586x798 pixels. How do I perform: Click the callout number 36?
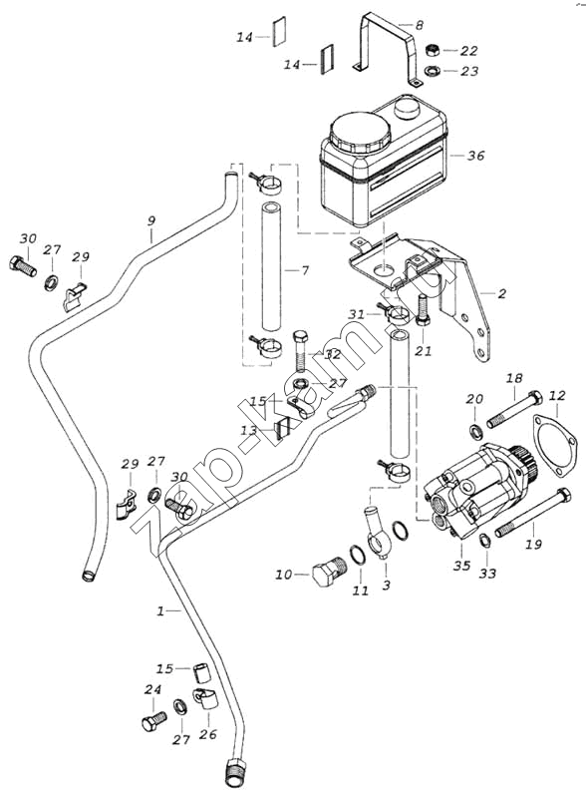pyautogui.click(x=476, y=156)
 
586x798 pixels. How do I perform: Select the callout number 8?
pyautogui.click(x=419, y=25)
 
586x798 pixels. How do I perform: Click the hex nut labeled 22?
pyautogui.click(x=433, y=50)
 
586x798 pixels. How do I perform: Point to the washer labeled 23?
pyautogui.click(x=433, y=71)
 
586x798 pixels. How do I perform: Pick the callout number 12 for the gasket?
pyautogui.click(x=557, y=395)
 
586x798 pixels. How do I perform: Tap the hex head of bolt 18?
pyautogui.click(x=535, y=398)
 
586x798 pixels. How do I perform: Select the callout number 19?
pyautogui.click(x=533, y=544)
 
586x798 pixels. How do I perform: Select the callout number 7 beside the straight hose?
pyautogui.click(x=305, y=270)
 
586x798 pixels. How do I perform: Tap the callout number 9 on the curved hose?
pyautogui.click(x=151, y=221)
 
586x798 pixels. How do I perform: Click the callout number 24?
pyautogui.click(x=152, y=689)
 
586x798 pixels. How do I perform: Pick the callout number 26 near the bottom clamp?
pyautogui.click(x=208, y=734)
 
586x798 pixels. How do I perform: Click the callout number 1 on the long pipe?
pyautogui.click(x=160, y=610)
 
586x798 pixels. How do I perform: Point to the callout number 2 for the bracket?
pyautogui.click(x=502, y=293)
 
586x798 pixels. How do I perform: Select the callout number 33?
pyautogui.click(x=487, y=574)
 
